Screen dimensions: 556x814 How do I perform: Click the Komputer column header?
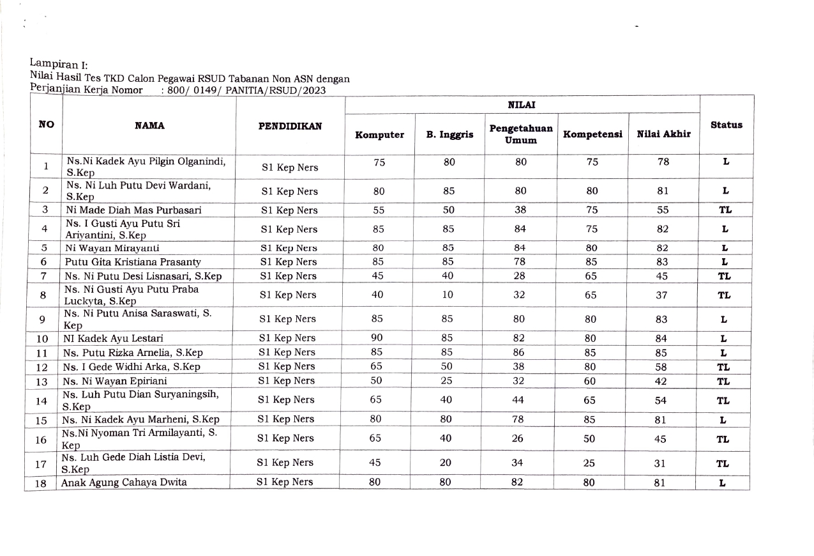pyautogui.click(x=380, y=135)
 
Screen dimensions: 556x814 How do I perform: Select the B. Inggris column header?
pyautogui.click(x=449, y=135)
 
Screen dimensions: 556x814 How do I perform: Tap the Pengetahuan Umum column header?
pyautogui.click(x=521, y=134)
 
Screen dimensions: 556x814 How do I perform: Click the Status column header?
pyautogui.click(x=726, y=125)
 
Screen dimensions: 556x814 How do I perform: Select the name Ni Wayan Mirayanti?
pyautogui.click(x=112, y=248)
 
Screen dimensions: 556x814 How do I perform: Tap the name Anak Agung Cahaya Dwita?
pyautogui.click(x=124, y=483)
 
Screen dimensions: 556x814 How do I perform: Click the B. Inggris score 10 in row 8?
pyautogui.click(x=449, y=295)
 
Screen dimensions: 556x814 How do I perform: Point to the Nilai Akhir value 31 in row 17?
pyautogui.click(x=659, y=464)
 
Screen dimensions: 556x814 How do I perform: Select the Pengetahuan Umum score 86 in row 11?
pyautogui.click(x=520, y=352)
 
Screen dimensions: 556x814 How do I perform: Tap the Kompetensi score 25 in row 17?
pyautogui.click(x=589, y=463)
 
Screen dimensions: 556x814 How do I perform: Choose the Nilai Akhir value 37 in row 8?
pyautogui.click(x=661, y=295)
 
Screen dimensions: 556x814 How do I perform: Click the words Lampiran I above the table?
pyautogui.click(x=58, y=64)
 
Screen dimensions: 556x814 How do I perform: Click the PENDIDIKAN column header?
pyautogui.click(x=290, y=126)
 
